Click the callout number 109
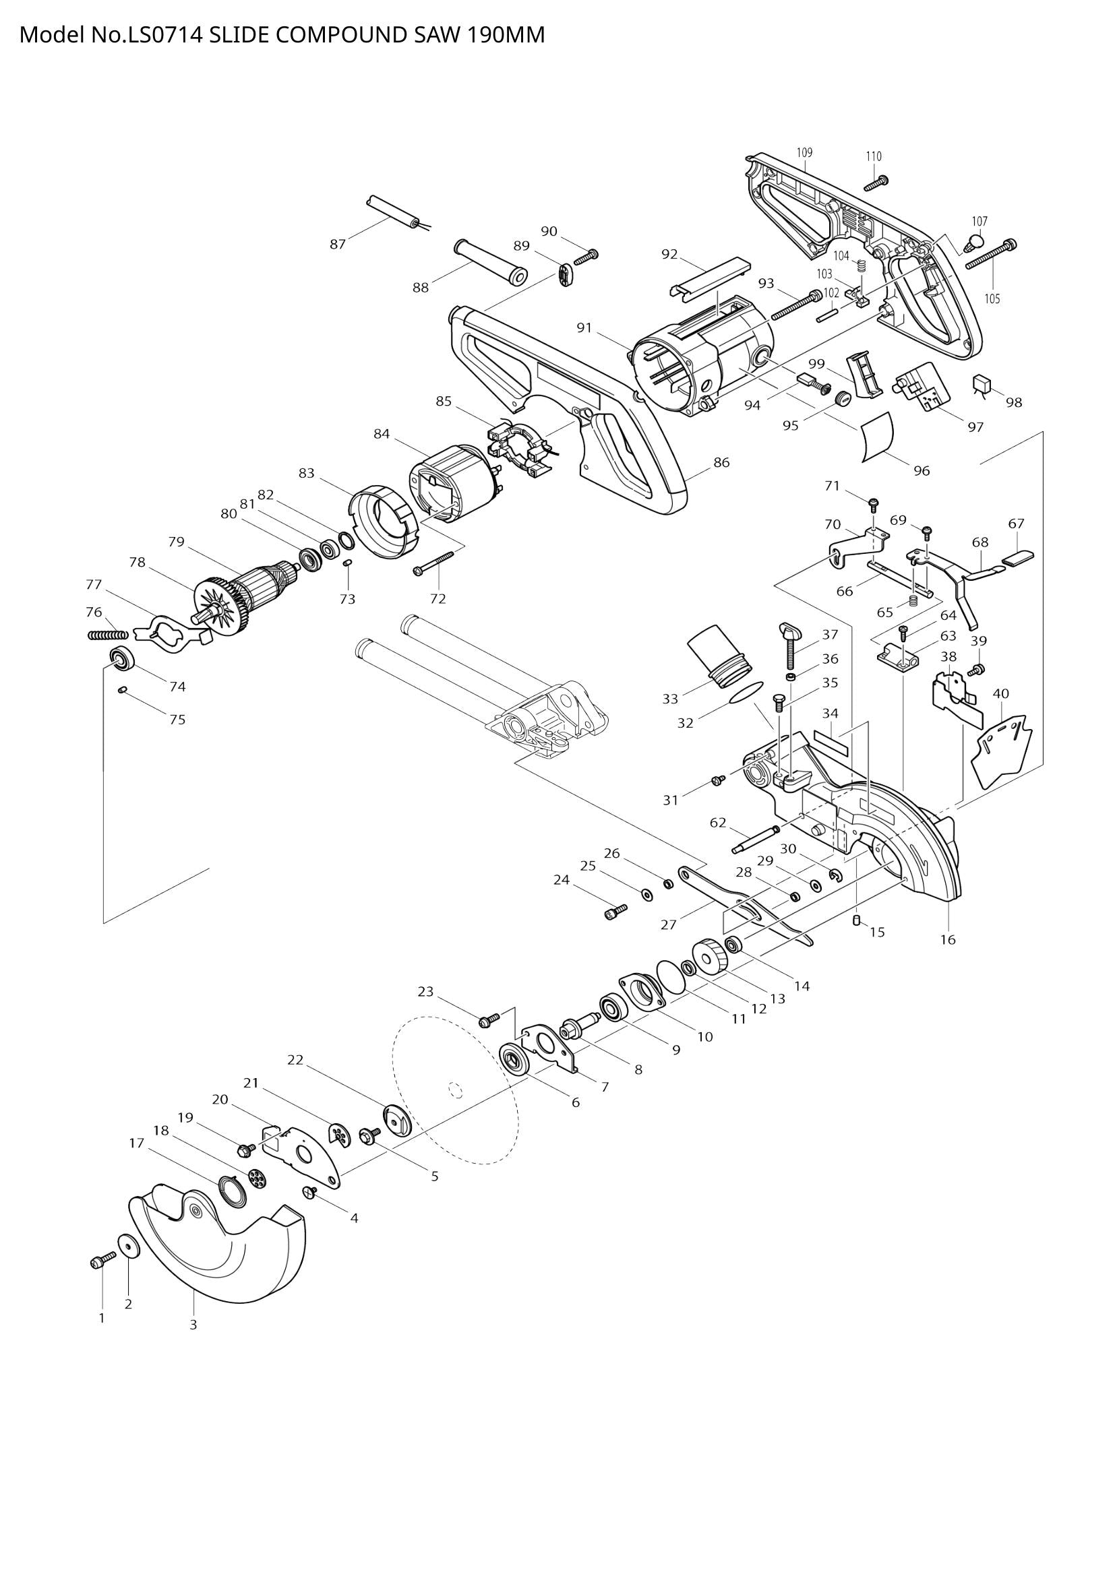[805, 152]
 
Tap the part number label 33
[670, 699]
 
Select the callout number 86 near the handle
[721, 463]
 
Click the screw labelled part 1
[103, 1261]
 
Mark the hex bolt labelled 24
[615, 912]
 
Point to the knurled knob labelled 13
[708, 956]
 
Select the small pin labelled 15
[856, 920]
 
